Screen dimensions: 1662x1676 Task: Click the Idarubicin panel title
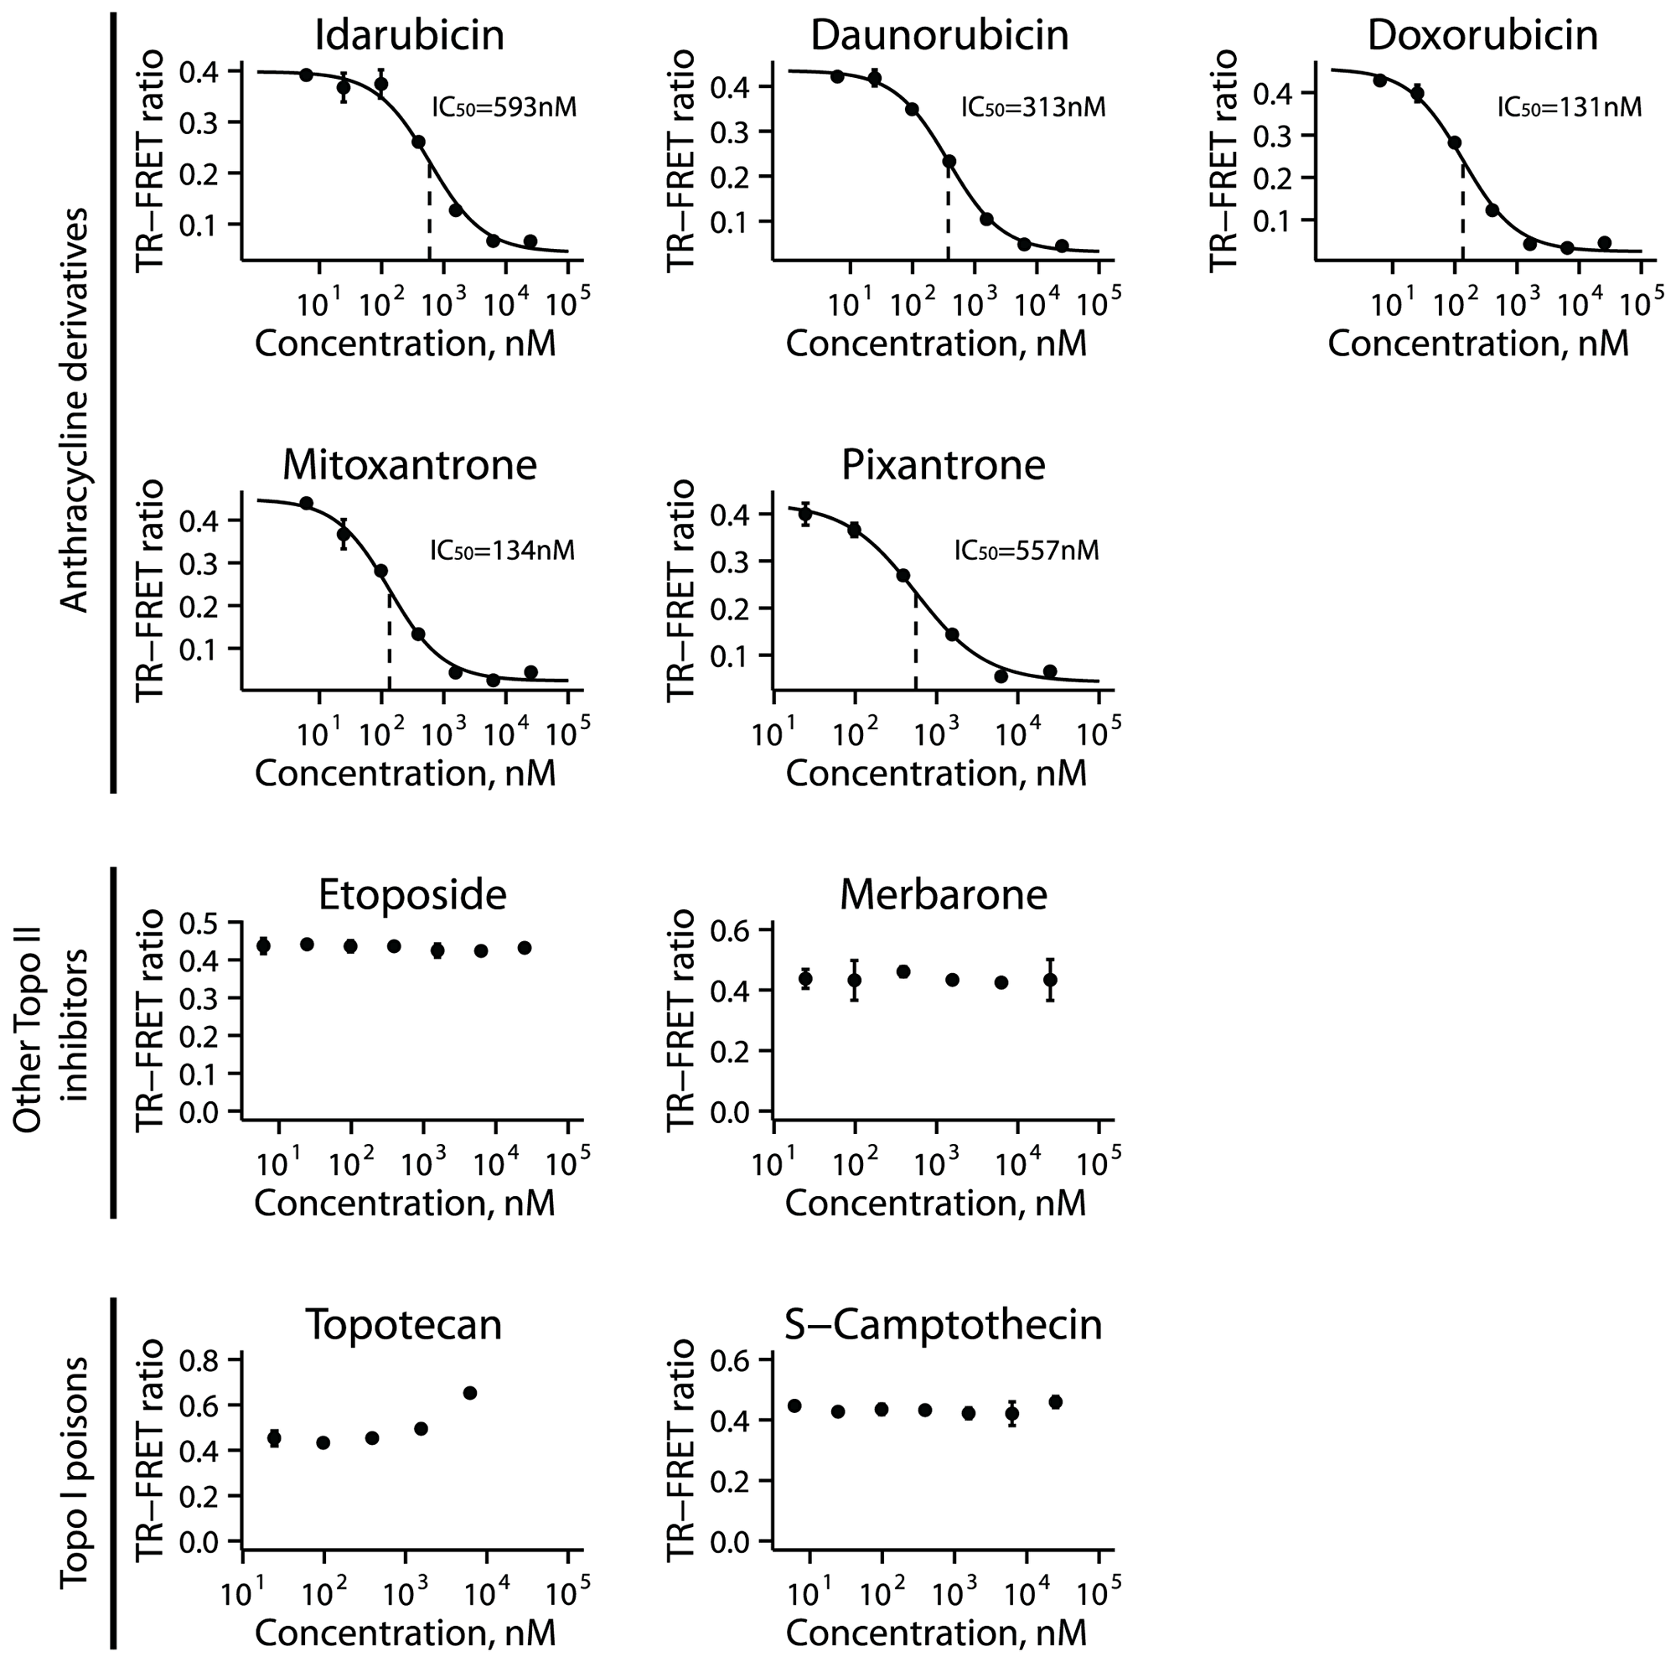click(410, 35)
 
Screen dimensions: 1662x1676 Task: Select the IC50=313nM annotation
click(1033, 107)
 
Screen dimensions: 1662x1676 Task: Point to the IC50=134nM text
click(502, 551)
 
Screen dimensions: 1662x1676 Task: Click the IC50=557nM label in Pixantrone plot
click(1027, 551)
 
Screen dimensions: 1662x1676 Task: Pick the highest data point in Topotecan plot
click(470, 1393)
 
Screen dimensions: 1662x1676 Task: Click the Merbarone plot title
click(943, 894)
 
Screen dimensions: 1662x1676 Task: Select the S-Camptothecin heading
click(943, 1324)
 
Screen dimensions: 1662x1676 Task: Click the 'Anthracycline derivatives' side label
click(76, 410)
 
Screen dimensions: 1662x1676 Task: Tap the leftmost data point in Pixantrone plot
click(805, 514)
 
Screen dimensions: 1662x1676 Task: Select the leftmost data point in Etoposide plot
click(264, 945)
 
